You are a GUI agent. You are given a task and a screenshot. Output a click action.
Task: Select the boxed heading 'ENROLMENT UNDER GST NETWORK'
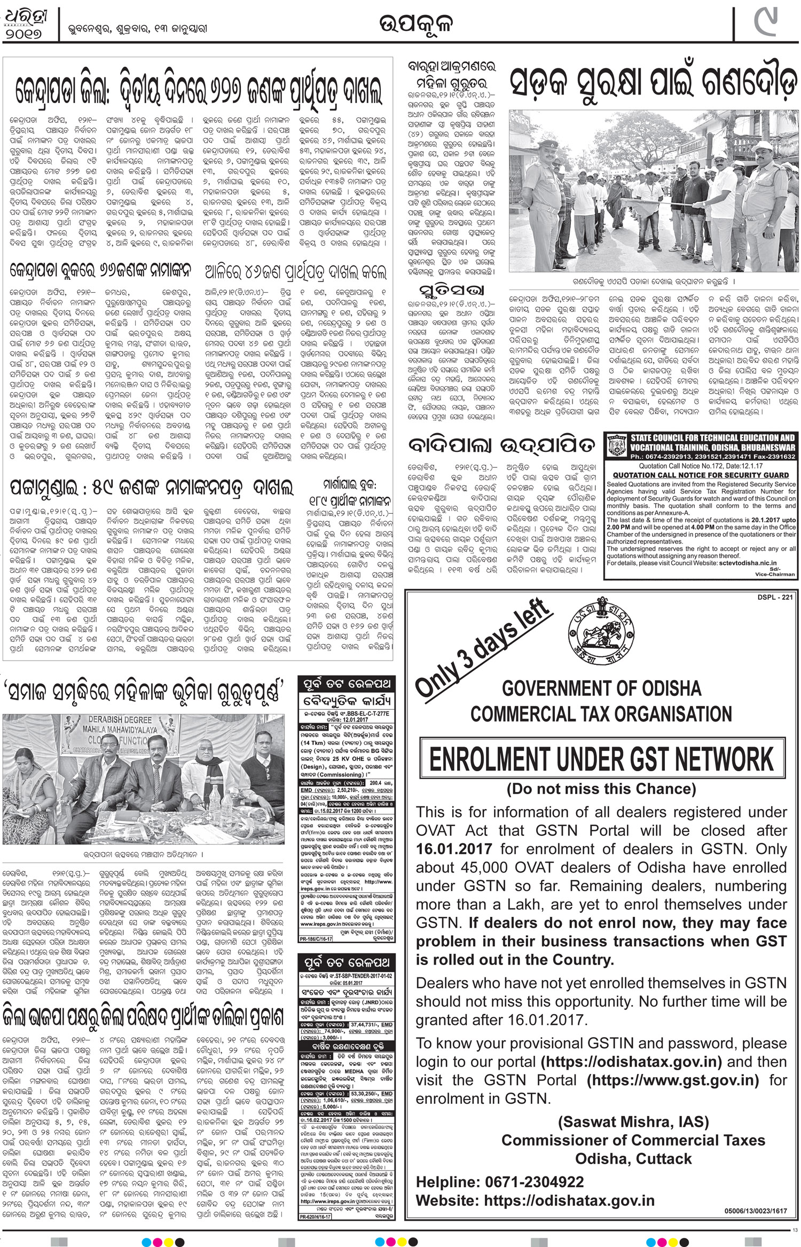pyautogui.click(x=601, y=759)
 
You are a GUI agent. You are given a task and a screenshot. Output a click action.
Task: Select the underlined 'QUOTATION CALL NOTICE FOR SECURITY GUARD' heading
pyautogui.click(x=700, y=475)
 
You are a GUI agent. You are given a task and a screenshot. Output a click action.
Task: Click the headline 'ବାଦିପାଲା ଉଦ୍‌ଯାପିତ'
pyautogui.click(x=501, y=444)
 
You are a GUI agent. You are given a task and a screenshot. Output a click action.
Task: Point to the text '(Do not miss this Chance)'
pyautogui.click(x=601, y=789)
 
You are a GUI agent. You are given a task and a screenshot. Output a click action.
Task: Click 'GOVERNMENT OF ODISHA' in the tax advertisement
pyautogui.click(x=601, y=688)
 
